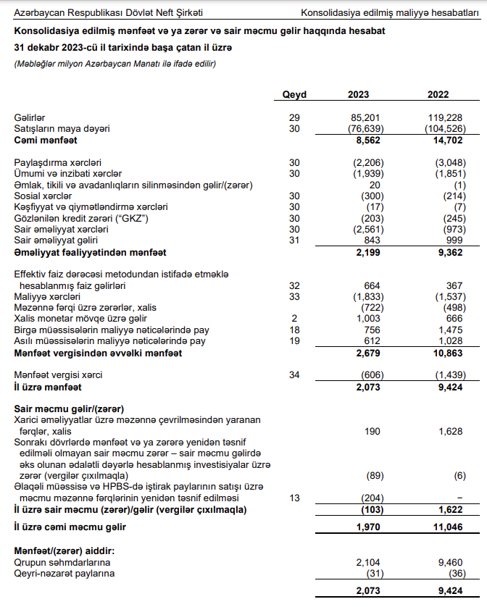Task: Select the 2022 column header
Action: pyautogui.click(x=438, y=95)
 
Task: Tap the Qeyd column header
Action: pyautogui.click(x=294, y=95)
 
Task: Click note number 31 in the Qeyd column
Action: pyautogui.click(x=294, y=240)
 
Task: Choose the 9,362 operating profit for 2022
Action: pyautogui.click(x=452, y=252)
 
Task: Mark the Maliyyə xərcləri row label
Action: pyautogui.click(x=49, y=297)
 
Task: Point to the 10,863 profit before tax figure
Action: pyautogui.click(x=450, y=353)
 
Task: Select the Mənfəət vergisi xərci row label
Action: pyautogui.click(x=59, y=375)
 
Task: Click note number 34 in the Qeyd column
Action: pyautogui.click(x=294, y=375)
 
